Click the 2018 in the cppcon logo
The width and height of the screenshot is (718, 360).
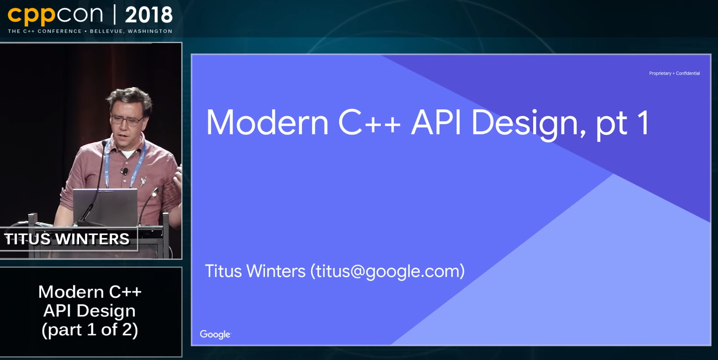click(x=149, y=15)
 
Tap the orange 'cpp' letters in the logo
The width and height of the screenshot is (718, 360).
click(x=31, y=16)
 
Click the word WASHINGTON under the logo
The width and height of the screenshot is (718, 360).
click(x=150, y=31)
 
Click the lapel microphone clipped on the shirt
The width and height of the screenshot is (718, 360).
click(x=125, y=171)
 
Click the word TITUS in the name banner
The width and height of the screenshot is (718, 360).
click(x=28, y=239)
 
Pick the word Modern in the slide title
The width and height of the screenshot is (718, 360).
click(x=267, y=122)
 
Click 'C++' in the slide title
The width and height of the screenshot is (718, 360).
click(x=369, y=122)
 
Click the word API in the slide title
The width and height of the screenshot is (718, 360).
click(x=436, y=122)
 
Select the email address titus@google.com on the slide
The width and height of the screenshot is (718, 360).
click(x=387, y=271)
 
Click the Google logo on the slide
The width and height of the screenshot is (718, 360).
click(x=215, y=334)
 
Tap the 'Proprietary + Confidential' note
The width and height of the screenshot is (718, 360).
click(x=674, y=73)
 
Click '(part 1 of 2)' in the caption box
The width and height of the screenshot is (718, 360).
click(x=90, y=330)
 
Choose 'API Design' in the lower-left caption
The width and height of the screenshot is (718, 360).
click(x=89, y=311)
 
